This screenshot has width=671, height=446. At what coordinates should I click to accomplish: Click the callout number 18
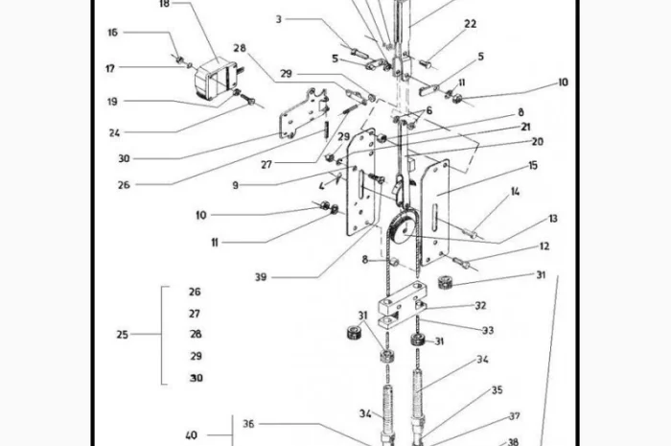(x=164, y=4)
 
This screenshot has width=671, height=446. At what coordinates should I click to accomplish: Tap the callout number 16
(x=113, y=33)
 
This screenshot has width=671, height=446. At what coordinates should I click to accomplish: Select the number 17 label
(x=110, y=68)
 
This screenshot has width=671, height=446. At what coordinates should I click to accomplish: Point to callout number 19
(x=112, y=101)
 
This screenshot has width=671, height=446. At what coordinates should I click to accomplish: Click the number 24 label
(x=114, y=132)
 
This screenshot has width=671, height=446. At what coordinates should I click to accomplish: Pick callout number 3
(x=279, y=19)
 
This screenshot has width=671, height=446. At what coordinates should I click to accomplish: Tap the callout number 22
(x=470, y=24)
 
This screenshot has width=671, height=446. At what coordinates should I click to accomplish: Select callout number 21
(x=526, y=127)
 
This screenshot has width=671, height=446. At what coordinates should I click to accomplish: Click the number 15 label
(x=533, y=166)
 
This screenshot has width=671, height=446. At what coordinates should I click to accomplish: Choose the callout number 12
(x=544, y=246)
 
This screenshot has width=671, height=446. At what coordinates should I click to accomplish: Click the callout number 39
(x=261, y=276)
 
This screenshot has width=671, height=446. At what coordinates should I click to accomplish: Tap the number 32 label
(x=481, y=306)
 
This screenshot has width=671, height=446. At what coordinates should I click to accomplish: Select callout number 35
(x=497, y=390)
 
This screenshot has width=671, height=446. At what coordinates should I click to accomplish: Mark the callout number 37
(x=514, y=416)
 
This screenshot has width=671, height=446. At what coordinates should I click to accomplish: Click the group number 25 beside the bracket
(x=122, y=335)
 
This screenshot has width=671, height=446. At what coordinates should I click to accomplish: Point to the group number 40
(x=191, y=434)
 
